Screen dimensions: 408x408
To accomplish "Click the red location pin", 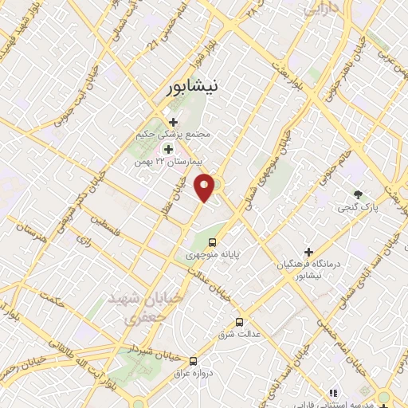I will pyautogui.click(x=205, y=188).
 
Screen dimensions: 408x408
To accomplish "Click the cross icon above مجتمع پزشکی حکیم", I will pyautogui.click(x=174, y=122).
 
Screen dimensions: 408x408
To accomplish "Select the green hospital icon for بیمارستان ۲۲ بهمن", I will pyautogui.click(x=168, y=148).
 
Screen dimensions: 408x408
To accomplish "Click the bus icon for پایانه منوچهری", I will pyautogui.click(x=212, y=242).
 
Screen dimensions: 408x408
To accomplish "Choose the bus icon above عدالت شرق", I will pyautogui.click(x=240, y=322).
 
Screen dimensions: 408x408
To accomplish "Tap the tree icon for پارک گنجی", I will pyautogui.click(x=358, y=194).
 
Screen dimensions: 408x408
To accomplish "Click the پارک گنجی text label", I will pyautogui.click(x=358, y=207).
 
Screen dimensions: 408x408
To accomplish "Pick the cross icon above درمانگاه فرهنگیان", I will pyautogui.click(x=308, y=252).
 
